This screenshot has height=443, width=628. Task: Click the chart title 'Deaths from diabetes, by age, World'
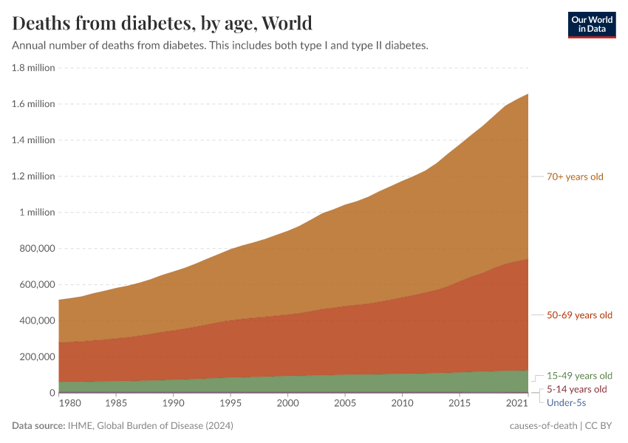pyautogui.click(x=162, y=23)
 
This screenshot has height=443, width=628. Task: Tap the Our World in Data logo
pyautogui.click(x=591, y=24)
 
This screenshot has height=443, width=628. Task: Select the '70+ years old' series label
pyautogui.click(x=576, y=176)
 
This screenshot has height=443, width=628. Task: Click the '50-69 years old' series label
pyautogui.click(x=579, y=315)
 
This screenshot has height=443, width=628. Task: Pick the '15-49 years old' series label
pyautogui.click(x=579, y=375)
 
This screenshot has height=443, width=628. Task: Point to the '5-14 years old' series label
pyautogui.click(x=576, y=389)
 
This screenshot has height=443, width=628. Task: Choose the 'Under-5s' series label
pyautogui.click(x=566, y=402)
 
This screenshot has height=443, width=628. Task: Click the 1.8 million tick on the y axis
pyautogui.click(x=33, y=68)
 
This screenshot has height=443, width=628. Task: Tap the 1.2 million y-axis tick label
pyautogui.click(x=33, y=176)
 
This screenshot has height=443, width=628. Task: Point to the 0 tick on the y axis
pyautogui.click(x=52, y=393)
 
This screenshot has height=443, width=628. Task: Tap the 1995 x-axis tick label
pyautogui.click(x=230, y=404)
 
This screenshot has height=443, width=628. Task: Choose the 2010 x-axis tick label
pyautogui.click(x=401, y=404)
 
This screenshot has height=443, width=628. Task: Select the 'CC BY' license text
pyautogui.click(x=601, y=426)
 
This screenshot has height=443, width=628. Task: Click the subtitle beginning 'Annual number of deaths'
pyautogui.click(x=220, y=45)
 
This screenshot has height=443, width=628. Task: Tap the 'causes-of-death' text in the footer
pyautogui.click(x=544, y=426)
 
